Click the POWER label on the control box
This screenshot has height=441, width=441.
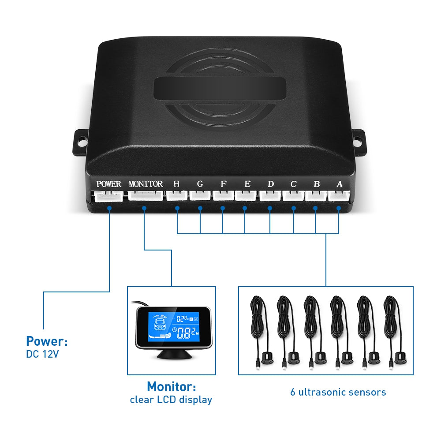point(108,184)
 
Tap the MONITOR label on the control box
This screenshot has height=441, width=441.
point(146,184)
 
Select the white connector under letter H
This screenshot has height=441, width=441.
point(176,195)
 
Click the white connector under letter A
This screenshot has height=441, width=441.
point(339,195)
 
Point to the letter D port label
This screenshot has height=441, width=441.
point(270,184)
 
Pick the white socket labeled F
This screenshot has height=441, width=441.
point(223,195)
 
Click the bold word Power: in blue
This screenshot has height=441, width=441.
point(47,341)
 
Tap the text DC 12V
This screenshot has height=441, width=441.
point(42,354)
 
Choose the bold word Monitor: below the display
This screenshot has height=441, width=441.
point(171,387)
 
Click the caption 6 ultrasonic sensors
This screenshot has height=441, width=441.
point(338,392)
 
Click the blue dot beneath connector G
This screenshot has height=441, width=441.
point(200,208)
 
